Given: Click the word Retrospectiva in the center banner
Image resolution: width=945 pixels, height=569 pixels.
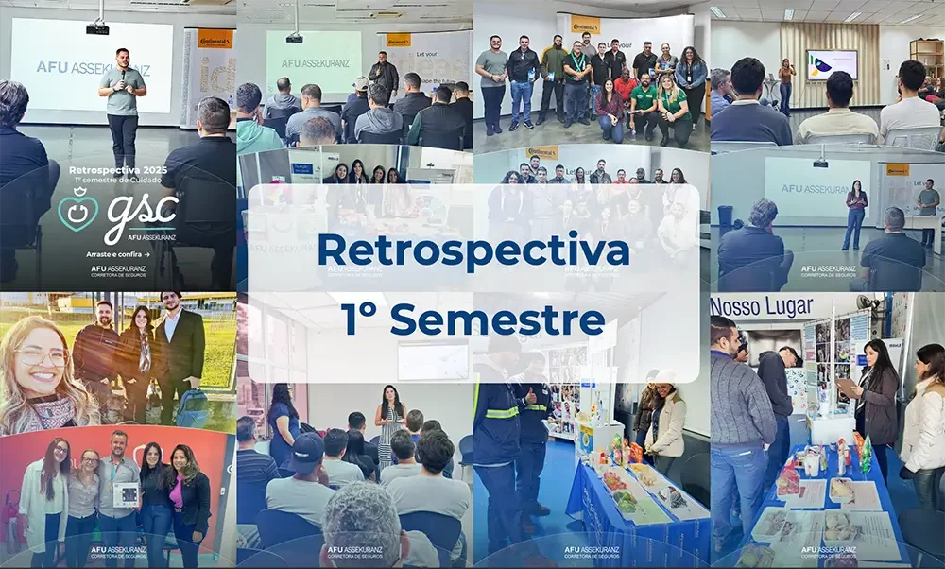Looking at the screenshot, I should pyautogui.click(x=472, y=250).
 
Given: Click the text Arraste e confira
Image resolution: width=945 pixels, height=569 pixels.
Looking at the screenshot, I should pyautogui.click(x=116, y=254).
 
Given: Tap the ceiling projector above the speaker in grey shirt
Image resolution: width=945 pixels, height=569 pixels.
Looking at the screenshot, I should pyautogui.click(x=97, y=27).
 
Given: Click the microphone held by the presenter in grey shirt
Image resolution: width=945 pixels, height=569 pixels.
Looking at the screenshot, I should pyautogui.click(x=123, y=78).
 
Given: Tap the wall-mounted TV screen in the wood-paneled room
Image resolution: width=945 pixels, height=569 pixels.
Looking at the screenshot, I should pyautogui.click(x=832, y=65).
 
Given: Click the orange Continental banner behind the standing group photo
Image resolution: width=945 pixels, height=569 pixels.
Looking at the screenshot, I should pyautogui.click(x=585, y=24).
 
